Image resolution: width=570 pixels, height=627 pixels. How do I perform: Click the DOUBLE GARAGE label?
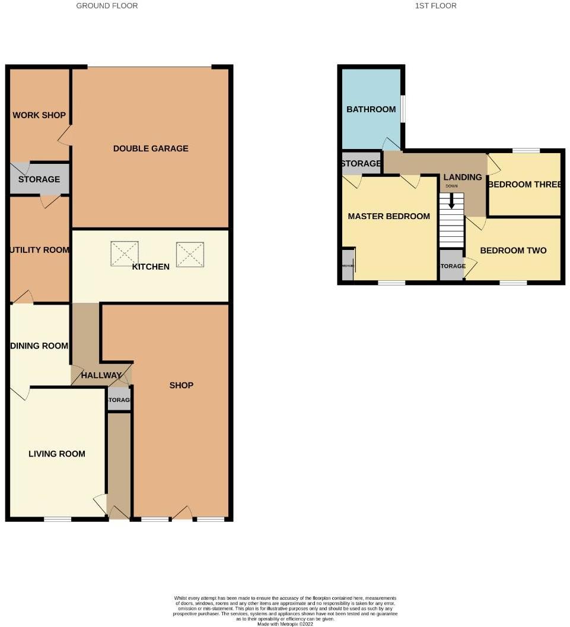[x=151, y=148]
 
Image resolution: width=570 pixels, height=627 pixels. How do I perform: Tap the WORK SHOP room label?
[x=39, y=115]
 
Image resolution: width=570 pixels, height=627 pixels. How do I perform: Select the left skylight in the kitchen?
[x=124, y=254]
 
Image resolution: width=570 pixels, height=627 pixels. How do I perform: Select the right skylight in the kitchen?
[x=190, y=254]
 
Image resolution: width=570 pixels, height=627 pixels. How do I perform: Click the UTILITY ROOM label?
[x=40, y=250]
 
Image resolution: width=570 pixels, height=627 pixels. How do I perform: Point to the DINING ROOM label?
[x=39, y=346]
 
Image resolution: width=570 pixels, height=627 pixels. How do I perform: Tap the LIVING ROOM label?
[x=57, y=454]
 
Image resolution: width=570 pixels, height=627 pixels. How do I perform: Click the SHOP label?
[x=181, y=385]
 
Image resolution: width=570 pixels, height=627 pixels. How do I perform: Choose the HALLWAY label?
[x=101, y=375]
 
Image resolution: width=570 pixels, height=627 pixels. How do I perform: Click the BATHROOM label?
[x=371, y=109]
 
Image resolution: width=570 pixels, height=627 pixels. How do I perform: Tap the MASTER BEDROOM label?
[x=389, y=216]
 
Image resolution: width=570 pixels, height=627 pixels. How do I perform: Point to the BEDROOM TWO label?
[x=513, y=251]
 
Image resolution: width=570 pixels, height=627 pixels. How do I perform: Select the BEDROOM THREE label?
[x=524, y=185]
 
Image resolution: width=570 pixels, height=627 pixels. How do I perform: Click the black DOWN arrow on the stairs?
[x=451, y=201]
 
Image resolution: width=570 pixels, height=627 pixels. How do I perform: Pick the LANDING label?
[x=463, y=177]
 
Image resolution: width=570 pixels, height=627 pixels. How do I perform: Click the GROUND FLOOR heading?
[x=107, y=6]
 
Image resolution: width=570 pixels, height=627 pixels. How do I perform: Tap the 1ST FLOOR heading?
[x=436, y=6]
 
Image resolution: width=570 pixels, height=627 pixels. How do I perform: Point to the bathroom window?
[x=403, y=109]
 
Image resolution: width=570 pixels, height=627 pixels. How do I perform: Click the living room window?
[x=58, y=520]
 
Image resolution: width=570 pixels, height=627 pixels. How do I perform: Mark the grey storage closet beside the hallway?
[x=119, y=400]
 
